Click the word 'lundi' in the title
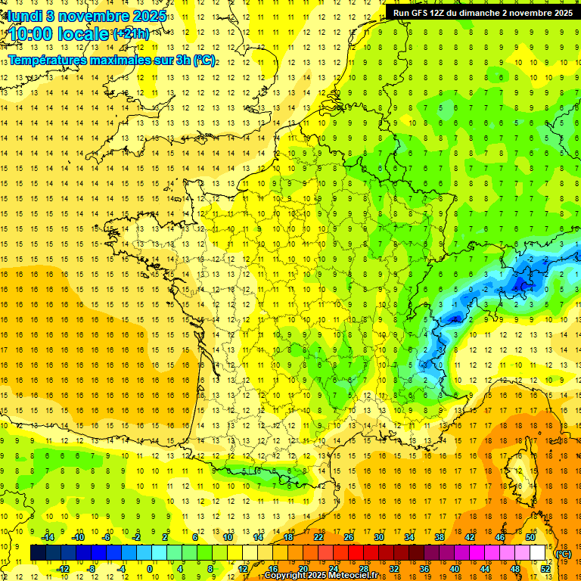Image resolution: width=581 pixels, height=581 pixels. [26, 15]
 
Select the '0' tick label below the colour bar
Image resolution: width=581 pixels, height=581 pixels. [149, 569]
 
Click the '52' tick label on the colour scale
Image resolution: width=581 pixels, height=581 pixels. [545, 569]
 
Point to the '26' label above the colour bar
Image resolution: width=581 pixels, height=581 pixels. [348, 537]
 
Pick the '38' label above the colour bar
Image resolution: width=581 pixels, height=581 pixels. [440, 537]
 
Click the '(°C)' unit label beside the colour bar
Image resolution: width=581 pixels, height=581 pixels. [564, 554]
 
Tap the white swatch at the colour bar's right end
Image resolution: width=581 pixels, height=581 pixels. [538, 553]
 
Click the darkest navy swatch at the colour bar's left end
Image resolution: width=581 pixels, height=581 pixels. [38, 553]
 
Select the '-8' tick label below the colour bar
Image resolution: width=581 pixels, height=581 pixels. [91, 569]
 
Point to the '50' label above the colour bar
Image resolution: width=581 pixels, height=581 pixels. [530, 537]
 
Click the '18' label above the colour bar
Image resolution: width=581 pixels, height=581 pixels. [287, 537]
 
